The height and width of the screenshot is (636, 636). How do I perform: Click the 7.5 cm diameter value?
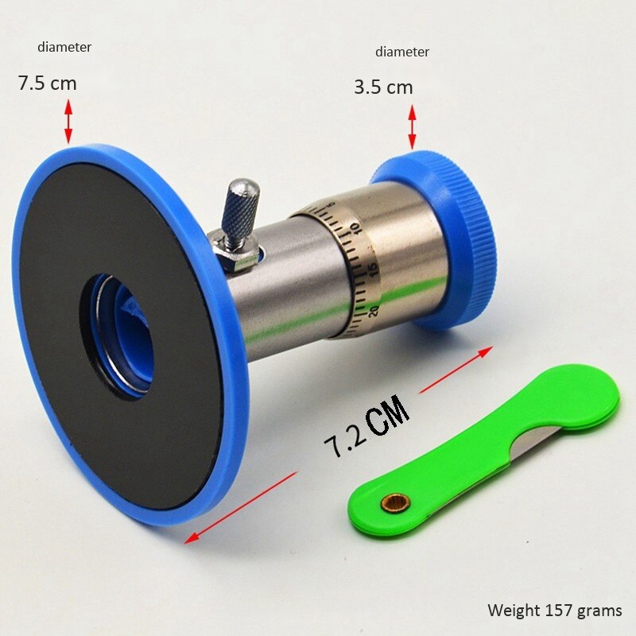[x=47, y=83]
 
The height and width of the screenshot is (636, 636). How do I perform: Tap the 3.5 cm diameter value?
[x=383, y=87]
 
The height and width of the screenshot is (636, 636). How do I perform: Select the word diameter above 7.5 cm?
[x=64, y=48]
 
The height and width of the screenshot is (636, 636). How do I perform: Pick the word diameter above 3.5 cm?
[x=402, y=52]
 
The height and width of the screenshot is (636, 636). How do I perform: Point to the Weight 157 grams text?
[x=555, y=611]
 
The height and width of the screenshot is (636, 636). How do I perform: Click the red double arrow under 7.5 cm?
[x=68, y=120]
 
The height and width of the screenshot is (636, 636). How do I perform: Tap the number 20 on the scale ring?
[x=374, y=309]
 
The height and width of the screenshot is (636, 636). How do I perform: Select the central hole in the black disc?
[x=119, y=334]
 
